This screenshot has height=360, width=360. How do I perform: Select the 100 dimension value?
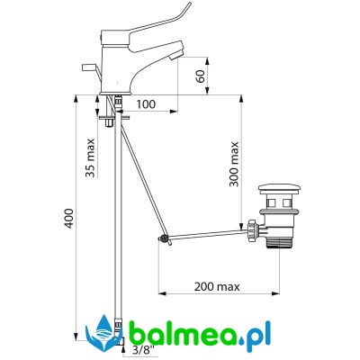point(146,104)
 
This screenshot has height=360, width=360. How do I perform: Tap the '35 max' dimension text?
point(91,157)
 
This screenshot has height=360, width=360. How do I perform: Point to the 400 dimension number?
point(69,218)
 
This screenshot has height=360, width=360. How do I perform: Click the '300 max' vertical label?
point(234,164)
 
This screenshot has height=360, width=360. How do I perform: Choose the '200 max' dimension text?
point(217,287)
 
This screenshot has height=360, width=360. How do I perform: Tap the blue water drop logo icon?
point(103,334)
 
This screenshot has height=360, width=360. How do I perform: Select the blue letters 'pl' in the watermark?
point(263,335)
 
